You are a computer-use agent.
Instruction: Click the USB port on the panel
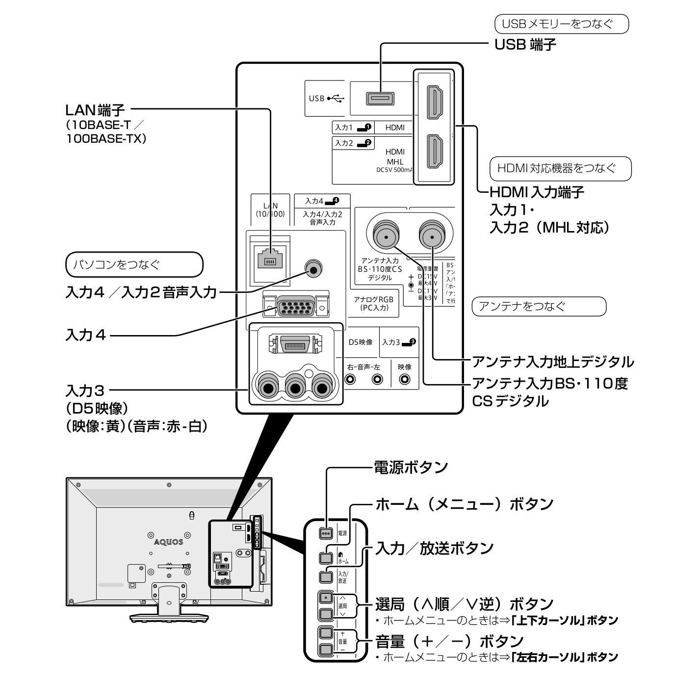380,99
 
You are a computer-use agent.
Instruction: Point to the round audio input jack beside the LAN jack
312,268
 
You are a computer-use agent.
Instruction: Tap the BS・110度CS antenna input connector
386,236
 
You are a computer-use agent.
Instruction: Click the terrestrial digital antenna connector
432,236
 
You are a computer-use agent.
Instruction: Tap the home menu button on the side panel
326,557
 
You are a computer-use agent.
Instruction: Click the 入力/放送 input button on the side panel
326,576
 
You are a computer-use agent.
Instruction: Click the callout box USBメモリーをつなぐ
561,24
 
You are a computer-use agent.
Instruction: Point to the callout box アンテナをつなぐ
539,307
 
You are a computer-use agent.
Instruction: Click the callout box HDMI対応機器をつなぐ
561,169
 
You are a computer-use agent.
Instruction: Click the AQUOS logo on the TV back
168,542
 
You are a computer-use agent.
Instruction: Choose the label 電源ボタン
411,467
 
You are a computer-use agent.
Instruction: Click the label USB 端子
525,45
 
